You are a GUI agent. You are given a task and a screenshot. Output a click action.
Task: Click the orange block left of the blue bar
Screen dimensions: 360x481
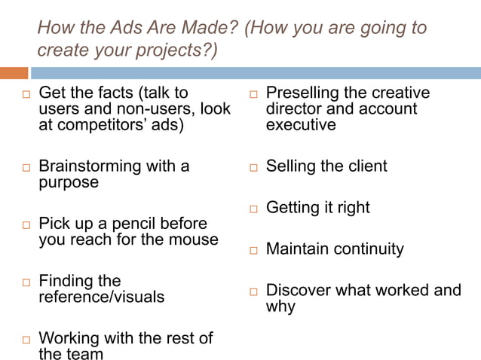coord(14,73)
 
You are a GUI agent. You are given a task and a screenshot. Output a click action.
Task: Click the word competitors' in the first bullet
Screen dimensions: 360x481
coord(103,125)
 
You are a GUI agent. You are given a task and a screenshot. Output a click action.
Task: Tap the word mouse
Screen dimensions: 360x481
coord(196,239)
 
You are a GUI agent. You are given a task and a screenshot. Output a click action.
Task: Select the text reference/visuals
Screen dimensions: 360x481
coord(101,297)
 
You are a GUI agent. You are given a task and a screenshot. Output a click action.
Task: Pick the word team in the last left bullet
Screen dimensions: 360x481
coord(84,353)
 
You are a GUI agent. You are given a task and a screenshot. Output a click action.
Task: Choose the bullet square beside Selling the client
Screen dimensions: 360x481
coord(253,167)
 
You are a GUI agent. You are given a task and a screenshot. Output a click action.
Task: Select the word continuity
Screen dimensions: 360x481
coord(367,249)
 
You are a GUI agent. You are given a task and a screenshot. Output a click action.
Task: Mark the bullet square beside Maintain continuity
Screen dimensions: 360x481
coord(253,250)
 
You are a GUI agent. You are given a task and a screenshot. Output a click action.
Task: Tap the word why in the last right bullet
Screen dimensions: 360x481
coord(280,307)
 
